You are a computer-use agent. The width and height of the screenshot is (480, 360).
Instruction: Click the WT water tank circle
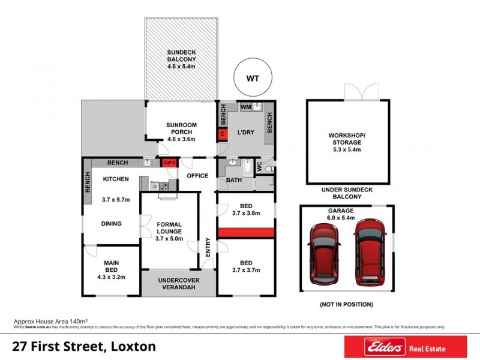[253, 77]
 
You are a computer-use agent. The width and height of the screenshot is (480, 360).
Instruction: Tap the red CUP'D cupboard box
[168, 163]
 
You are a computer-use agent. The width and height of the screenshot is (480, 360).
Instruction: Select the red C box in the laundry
[222, 134]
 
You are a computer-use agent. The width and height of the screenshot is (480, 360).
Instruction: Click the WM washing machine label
[245, 107]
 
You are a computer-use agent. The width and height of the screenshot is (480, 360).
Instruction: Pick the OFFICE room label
[197, 176]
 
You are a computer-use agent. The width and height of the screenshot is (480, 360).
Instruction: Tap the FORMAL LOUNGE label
[168, 231]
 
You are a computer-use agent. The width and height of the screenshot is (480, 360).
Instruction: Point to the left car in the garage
[325, 254]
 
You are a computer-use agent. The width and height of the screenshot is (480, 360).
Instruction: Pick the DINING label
[112, 224]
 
